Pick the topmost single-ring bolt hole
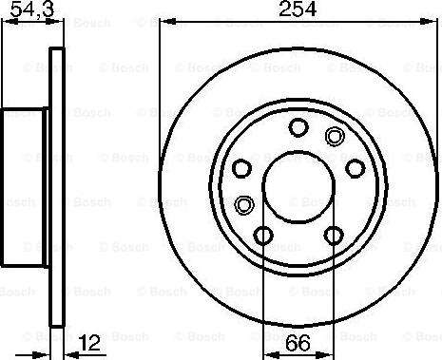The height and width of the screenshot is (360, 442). tap(298, 126)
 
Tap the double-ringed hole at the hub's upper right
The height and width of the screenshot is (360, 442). tap(334, 136)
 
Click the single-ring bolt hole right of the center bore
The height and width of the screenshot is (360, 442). tap(356, 168)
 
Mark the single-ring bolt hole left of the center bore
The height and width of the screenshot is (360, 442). tap(241, 168)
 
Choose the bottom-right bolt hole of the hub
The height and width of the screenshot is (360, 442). tap(333, 235)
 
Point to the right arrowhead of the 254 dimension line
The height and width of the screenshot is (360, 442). tap(434, 22)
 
